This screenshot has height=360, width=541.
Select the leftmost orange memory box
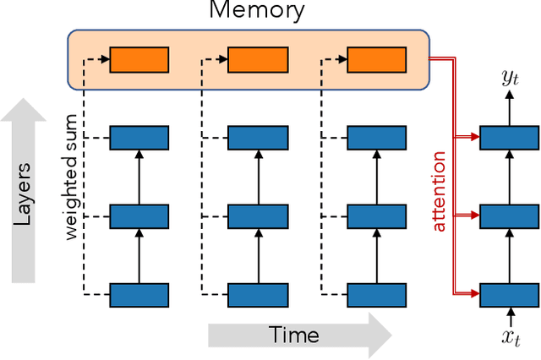click(x=139, y=60)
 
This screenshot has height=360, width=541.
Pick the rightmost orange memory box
click(x=377, y=60)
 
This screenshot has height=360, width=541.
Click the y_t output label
click(x=510, y=79)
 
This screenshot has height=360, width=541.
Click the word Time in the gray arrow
click(x=294, y=335)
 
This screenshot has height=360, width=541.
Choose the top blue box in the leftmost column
click(x=139, y=137)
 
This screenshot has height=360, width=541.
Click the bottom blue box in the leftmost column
click(x=139, y=295)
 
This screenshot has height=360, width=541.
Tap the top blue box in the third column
click(x=377, y=137)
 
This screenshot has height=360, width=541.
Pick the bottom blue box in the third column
click(x=377, y=295)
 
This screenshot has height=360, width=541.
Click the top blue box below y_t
click(x=510, y=137)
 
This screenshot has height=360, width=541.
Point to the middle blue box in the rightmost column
click(x=510, y=216)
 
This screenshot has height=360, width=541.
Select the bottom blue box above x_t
click(x=510, y=295)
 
